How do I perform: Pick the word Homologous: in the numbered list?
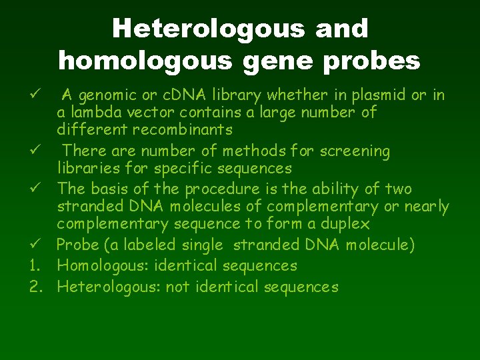click(103, 266)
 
